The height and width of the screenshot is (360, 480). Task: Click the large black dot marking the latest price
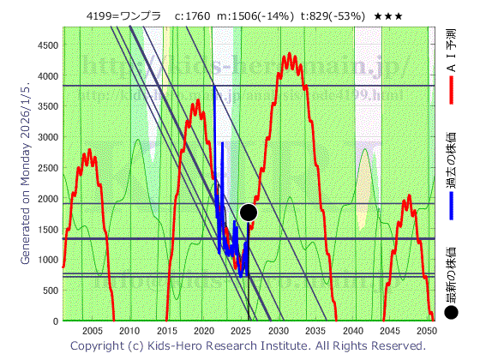249,212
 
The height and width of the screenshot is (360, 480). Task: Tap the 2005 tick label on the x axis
92,331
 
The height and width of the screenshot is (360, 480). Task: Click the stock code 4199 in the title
101,16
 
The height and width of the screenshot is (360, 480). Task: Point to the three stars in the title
388,16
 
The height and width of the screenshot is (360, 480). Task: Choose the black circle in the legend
451,314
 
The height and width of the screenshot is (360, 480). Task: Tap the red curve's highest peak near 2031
290,54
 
